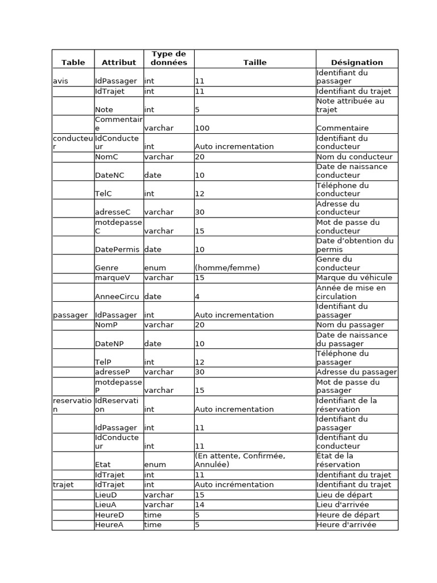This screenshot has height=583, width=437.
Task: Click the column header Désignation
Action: point(357,63)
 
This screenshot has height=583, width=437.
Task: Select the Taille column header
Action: point(254,63)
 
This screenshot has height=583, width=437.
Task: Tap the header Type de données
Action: point(168,58)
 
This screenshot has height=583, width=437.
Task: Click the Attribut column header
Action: point(119,63)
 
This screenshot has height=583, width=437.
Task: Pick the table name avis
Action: point(60,81)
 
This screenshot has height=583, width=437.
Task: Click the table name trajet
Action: point(63,485)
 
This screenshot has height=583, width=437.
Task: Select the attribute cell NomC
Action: point(106,157)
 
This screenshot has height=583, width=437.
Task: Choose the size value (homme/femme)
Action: point(227,268)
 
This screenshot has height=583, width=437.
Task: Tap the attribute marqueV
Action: point(112,278)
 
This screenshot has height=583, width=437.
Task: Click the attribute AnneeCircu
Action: point(117,297)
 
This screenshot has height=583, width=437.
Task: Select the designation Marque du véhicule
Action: point(354,278)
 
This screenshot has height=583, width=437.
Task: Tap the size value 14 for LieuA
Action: point(199,505)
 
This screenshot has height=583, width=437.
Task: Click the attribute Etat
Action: point(103,465)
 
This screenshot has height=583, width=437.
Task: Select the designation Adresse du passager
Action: point(356,372)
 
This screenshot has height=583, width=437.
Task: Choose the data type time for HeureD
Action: point(153,515)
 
